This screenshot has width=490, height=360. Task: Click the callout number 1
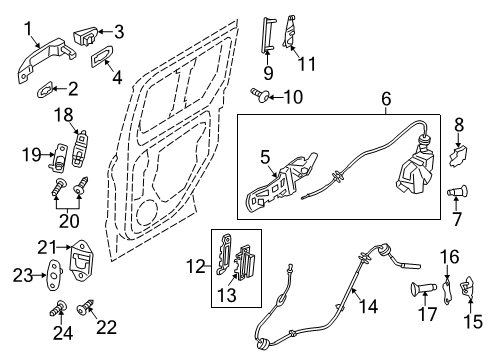pos(28,27)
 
